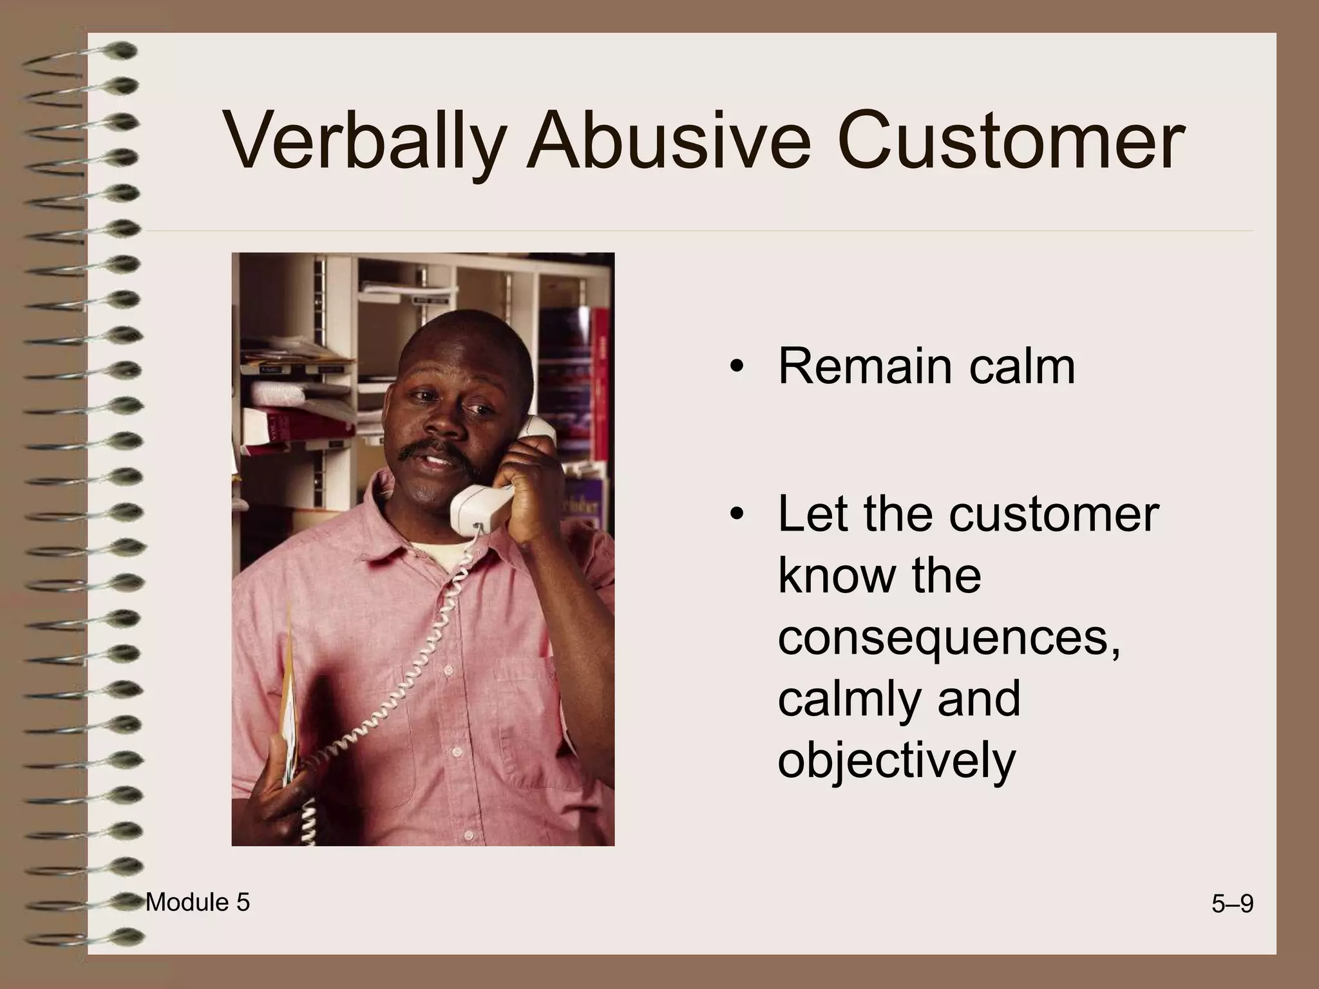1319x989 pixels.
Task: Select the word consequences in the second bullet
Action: click(x=949, y=640)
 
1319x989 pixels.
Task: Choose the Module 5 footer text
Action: click(x=198, y=903)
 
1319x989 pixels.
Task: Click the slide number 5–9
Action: click(x=1232, y=905)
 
